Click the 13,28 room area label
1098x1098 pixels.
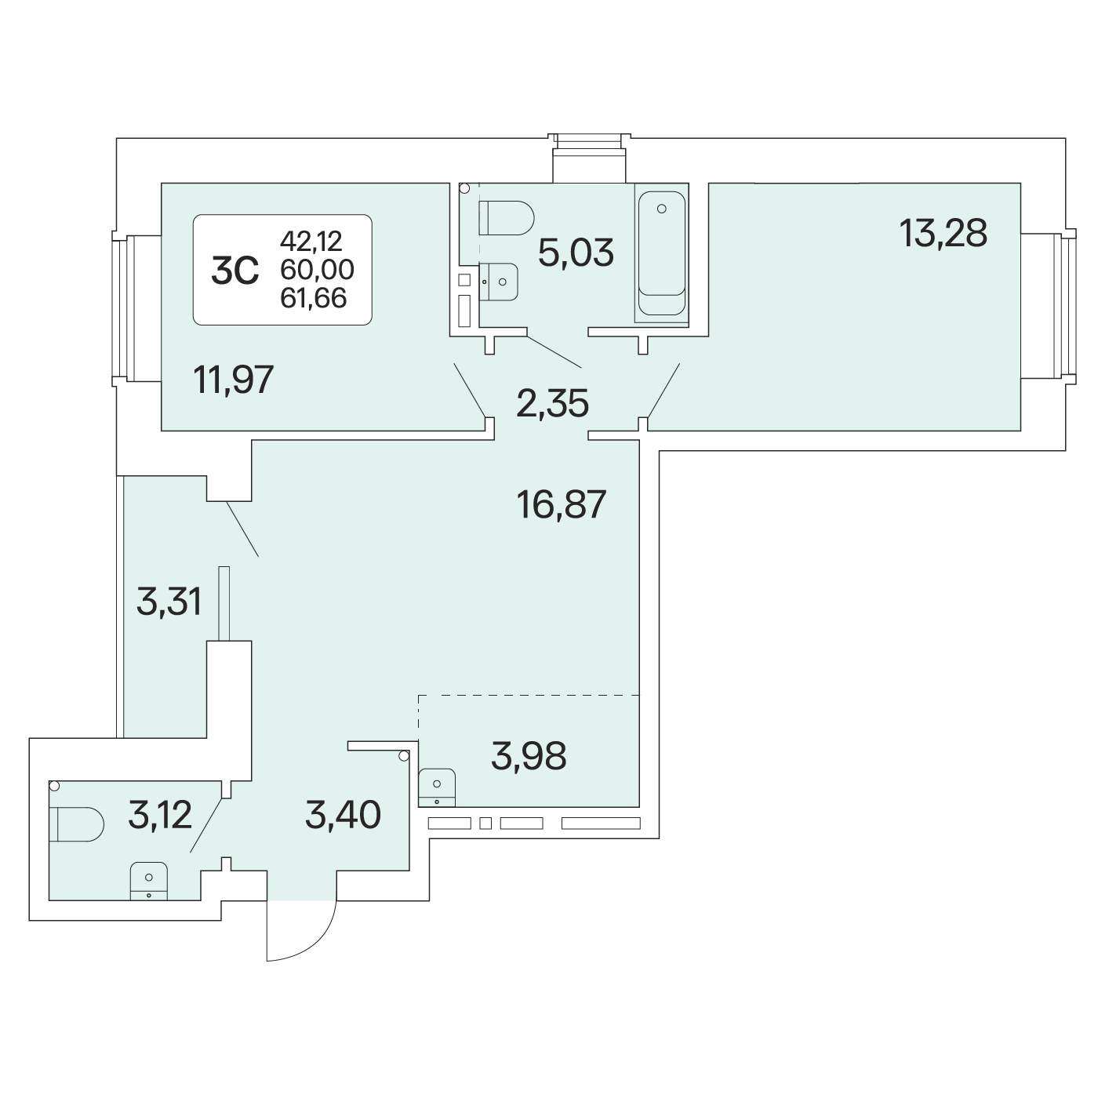[943, 233]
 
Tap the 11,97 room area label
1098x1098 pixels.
[234, 380]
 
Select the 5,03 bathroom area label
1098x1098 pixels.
[576, 253]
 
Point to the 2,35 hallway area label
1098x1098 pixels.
[552, 403]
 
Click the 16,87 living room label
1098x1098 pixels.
[561, 504]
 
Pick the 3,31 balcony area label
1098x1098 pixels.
[169, 602]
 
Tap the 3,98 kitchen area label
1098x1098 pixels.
[529, 756]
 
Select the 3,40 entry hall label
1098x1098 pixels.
[343, 814]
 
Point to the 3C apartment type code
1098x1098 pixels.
[235, 271]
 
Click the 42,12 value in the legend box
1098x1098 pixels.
[311, 242]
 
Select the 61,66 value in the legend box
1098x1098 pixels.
[314, 298]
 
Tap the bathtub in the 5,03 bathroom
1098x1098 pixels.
[661, 253]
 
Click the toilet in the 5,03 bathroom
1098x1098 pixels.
[507, 218]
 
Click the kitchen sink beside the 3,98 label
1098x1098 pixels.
[437, 787]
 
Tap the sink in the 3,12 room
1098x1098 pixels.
[149, 882]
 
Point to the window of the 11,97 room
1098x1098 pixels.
[122, 308]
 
